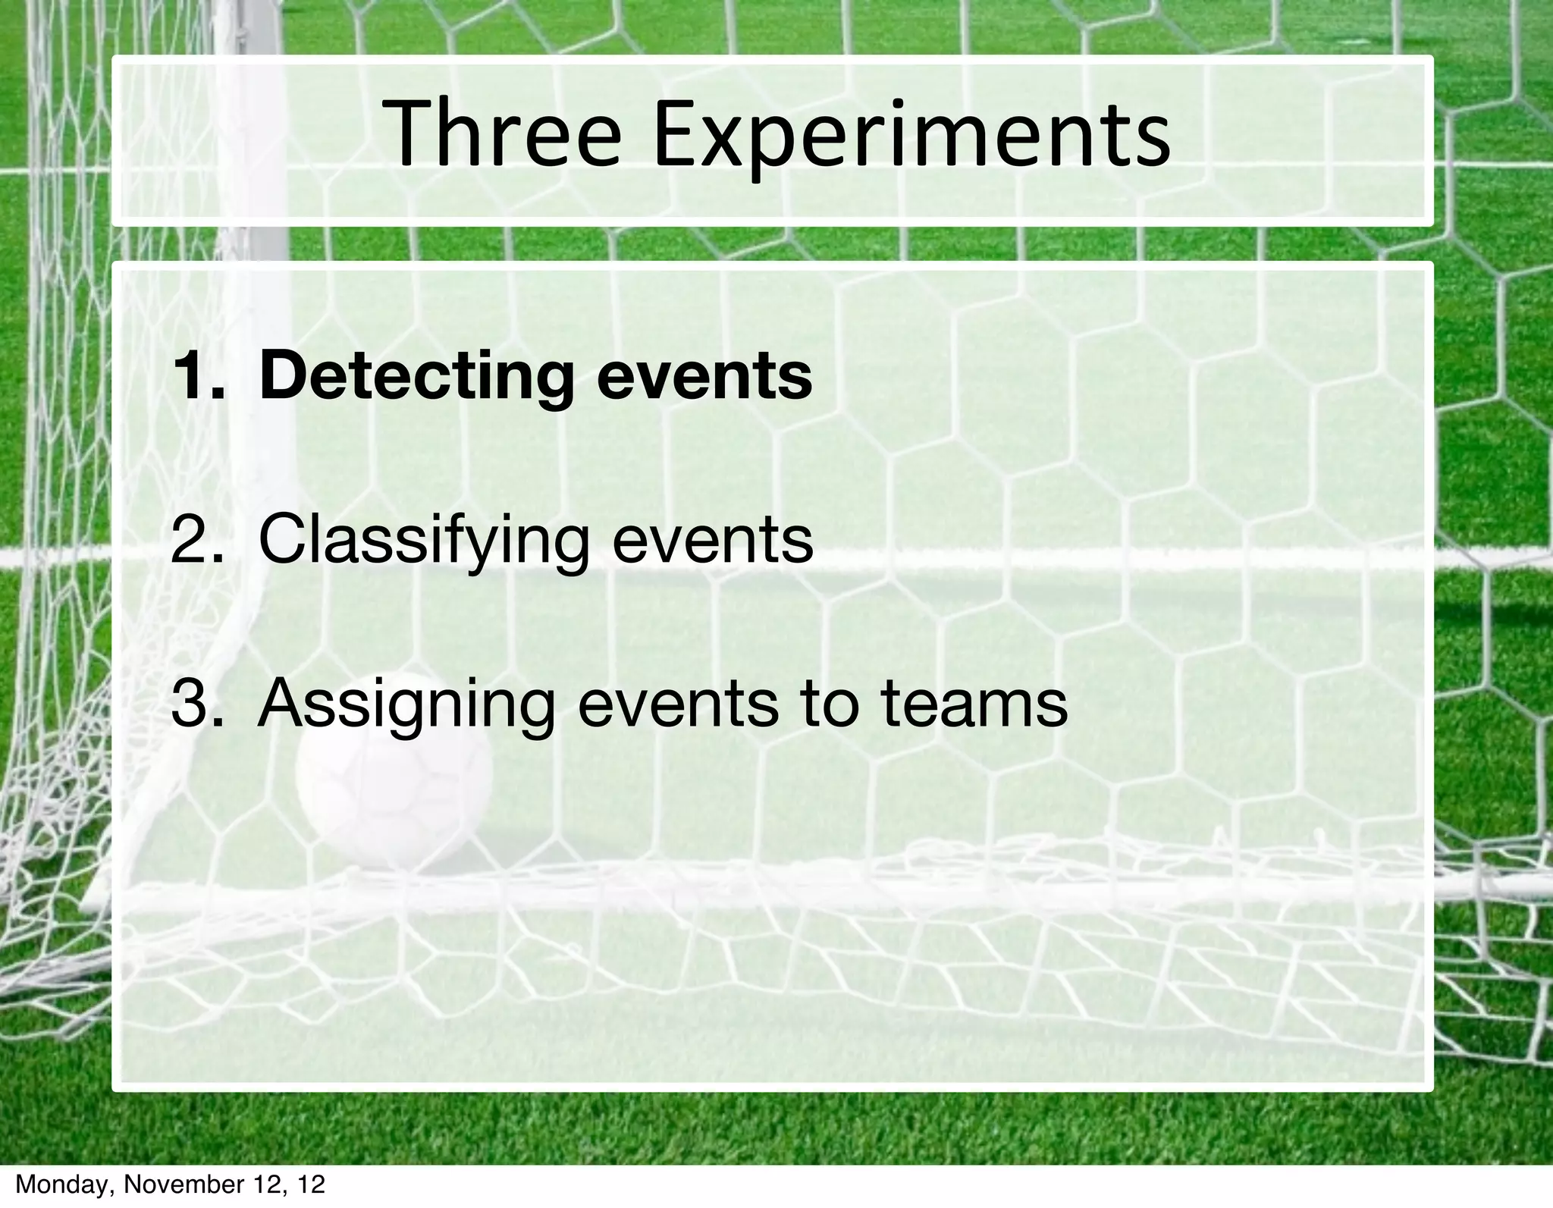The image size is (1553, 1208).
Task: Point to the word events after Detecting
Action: click(x=704, y=377)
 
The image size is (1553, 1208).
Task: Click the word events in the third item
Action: click(x=677, y=704)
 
